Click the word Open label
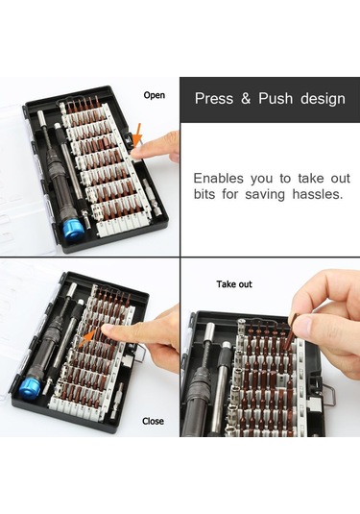pos(154,95)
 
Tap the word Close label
pos(153,421)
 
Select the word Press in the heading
pos(214,98)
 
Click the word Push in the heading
pos(276,98)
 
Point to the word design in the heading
pos(323,99)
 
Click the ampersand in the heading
pos(246,98)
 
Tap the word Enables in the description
pos(219,179)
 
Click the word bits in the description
pos(204,194)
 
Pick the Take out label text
pos(234,283)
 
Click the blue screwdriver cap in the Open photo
pos(72,230)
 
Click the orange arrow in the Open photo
pos(137,135)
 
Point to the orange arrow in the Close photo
pos(90,335)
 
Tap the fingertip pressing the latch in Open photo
pos(137,153)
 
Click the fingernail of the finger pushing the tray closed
pos(108,330)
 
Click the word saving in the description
pos(265,195)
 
